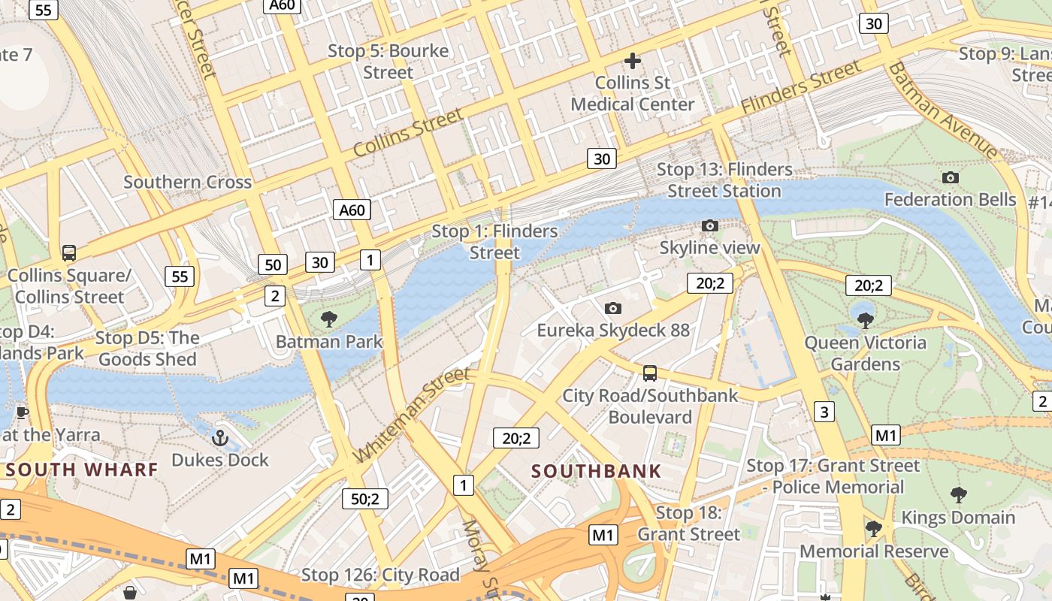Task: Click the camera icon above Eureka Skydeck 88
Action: (x=613, y=308)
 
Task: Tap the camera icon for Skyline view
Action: (x=709, y=225)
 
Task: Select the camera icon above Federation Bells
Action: (x=951, y=178)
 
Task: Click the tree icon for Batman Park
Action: (x=328, y=319)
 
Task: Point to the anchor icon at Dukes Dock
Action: (x=220, y=437)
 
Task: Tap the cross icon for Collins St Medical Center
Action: (x=633, y=61)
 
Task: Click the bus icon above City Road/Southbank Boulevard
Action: (x=650, y=373)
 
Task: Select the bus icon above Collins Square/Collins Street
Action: (x=69, y=253)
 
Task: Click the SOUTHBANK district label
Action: (x=597, y=472)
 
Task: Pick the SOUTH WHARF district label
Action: (x=82, y=470)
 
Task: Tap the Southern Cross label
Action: (x=187, y=182)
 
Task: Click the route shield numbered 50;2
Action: (x=365, y=498)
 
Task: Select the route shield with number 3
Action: (x=824, y=412)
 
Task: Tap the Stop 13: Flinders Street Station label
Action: (x=724, y=180)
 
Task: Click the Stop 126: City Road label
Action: (x=380, y=575)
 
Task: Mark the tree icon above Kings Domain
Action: (x=958, y=494)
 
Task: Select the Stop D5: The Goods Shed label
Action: (x=147, y=349)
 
